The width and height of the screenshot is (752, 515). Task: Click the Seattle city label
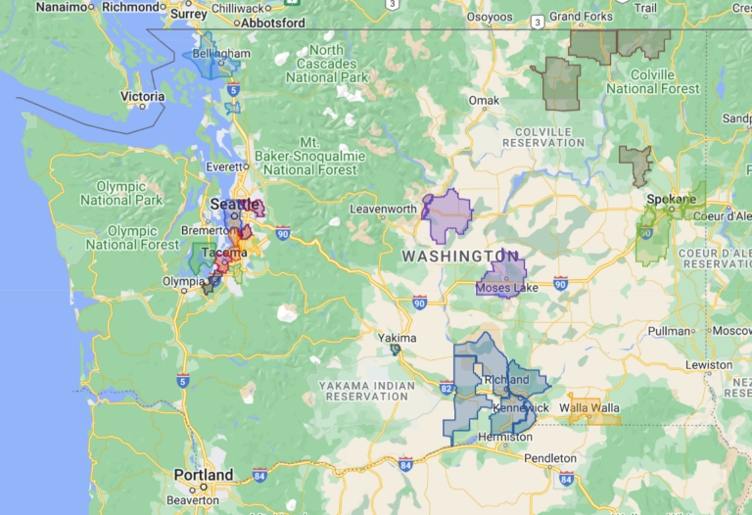click(x=229, y=204)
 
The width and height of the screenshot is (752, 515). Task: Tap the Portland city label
click(x=204, y=476)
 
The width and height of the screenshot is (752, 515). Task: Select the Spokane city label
click(x=672, y=199)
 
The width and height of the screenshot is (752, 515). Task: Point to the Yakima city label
click(x=398, y=338)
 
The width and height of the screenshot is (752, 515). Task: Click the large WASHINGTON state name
click(x=459, y=256)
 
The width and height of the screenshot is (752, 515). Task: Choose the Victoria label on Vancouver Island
click(x=142, y=97)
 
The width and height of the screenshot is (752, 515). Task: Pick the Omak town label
click(x=484, y=100)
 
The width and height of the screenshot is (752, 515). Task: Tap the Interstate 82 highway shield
click(x=446, y=390)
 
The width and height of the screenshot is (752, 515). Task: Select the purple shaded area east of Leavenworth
click(x=448, y=215)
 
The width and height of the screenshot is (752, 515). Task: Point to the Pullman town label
click(x=669, y=331)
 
